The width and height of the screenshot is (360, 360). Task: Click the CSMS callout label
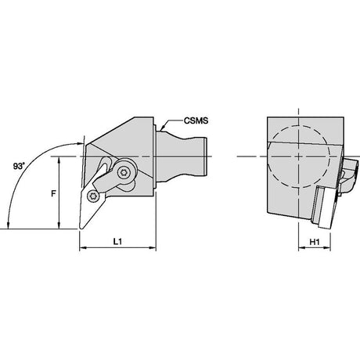pyautogui.click(x=196, y=121)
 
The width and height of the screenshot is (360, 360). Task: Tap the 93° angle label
pyautogui.click(x=19, y=166)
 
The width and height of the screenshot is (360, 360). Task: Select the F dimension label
pyautogui.click(x=53, y=193)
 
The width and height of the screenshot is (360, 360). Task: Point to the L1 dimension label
pyautogui.click(x=117, y=242)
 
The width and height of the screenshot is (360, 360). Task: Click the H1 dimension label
pyautogui.click(x=315, y=242)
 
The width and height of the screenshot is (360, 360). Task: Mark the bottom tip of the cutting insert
pyautogui.click(x=81, y=229)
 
